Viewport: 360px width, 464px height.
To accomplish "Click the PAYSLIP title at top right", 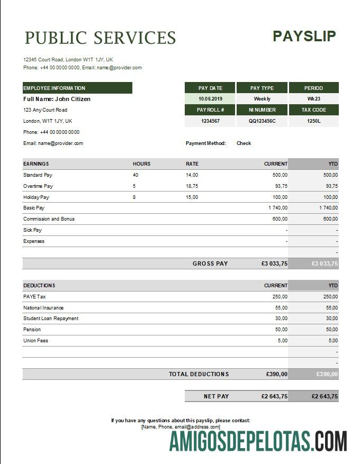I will [x=304, y=36].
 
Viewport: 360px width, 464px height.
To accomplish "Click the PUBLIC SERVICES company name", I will [x=100, y=38].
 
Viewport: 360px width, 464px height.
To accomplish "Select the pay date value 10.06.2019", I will [x=210, y=99].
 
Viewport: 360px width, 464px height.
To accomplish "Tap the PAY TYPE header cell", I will [x=262, y=88].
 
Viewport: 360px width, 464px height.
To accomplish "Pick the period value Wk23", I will [x=314, y=99].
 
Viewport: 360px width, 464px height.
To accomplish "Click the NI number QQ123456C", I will [x=262, y=121].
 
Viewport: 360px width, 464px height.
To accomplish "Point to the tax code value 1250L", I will [x=314, y=121].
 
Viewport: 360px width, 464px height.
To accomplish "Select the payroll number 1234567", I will [x=210, y=121].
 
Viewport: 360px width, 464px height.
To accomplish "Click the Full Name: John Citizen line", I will [x=57, y=99].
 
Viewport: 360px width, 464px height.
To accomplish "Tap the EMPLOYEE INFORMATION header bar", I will [x=77, y=88].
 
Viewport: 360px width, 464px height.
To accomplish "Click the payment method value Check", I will [x=244, y=143].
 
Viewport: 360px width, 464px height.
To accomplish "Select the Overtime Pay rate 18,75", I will [x=192, y=186].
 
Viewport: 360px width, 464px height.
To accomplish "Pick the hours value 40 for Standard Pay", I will [x=136, y=175].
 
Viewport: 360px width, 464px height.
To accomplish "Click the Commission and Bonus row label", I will [x=49, y=219].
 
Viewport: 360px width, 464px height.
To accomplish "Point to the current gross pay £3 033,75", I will [x=274, y=263].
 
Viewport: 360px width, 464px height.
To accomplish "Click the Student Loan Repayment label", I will [x=51, y=319].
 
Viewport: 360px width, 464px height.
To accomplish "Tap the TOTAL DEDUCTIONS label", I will [x=199, y=374].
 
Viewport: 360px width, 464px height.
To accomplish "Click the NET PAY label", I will [x=216, y=396].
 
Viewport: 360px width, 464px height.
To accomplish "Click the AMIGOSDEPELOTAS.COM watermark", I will [x=258, y=441].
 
